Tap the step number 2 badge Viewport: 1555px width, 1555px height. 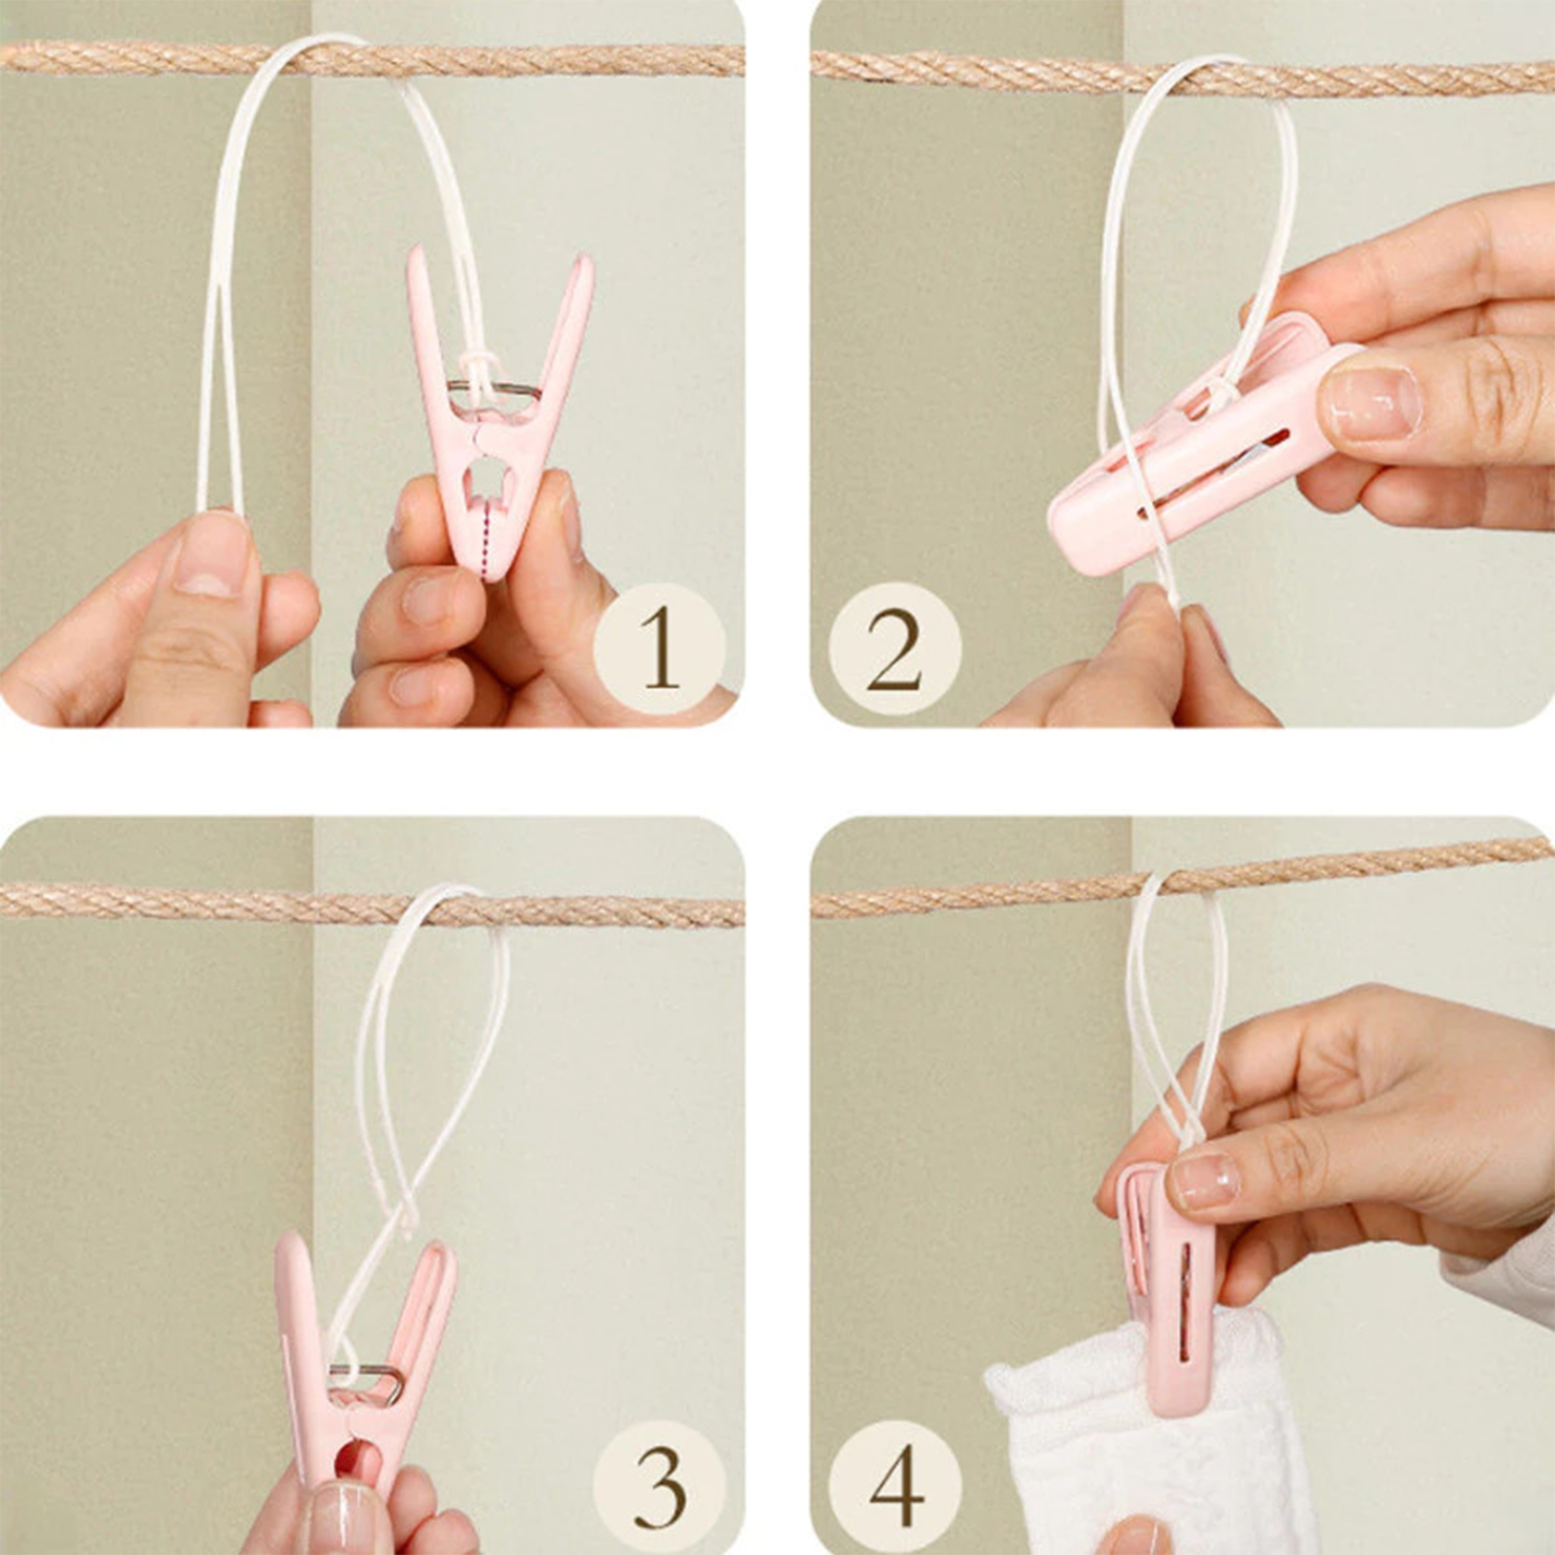point(894,648)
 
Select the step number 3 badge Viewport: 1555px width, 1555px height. point(660,1487)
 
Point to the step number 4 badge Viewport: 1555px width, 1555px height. point(894,1487)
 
